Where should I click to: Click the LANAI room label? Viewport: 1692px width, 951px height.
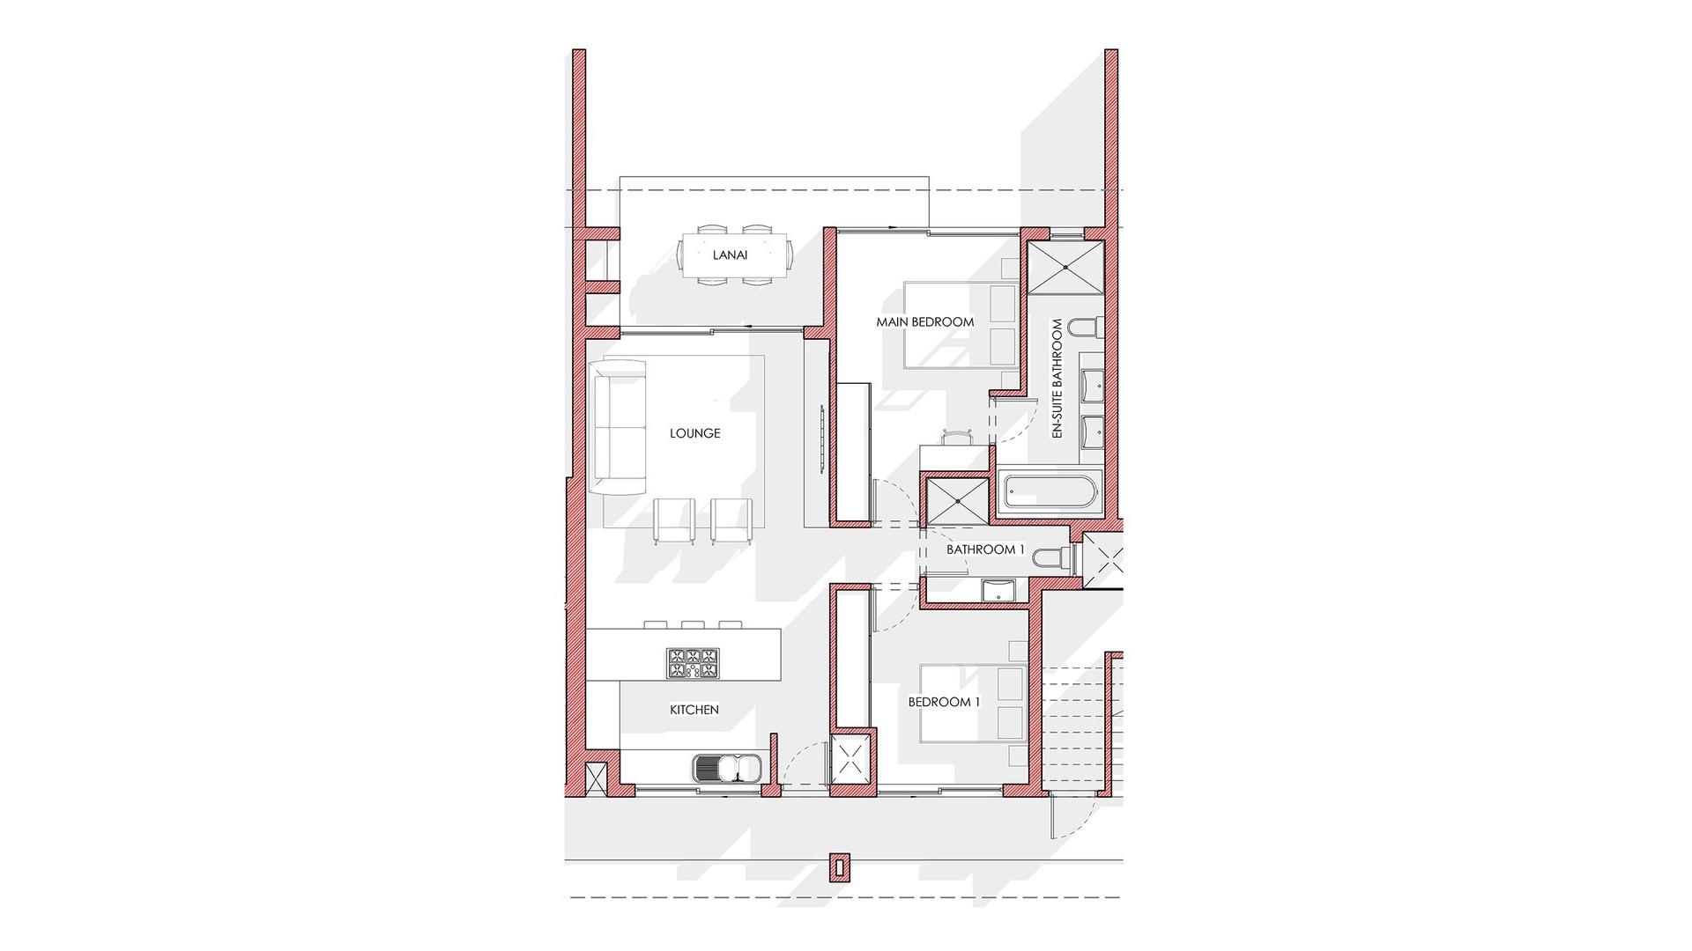(730, 255)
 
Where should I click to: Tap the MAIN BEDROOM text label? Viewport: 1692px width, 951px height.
(924, 322)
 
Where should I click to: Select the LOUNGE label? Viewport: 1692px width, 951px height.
(694, 433)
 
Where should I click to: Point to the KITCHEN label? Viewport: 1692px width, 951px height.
(694, 710)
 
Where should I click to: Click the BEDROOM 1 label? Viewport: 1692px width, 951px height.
(944, 703)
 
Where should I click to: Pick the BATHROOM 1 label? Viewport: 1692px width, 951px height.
(985, 549)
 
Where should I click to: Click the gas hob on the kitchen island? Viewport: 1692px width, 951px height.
(693, 663)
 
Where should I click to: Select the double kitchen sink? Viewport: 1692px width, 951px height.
(728, 769)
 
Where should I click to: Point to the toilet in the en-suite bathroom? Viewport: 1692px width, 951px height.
(1083, 328)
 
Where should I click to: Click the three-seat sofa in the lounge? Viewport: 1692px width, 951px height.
(619, 428)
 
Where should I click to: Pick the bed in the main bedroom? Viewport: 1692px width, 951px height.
(961, 323)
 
